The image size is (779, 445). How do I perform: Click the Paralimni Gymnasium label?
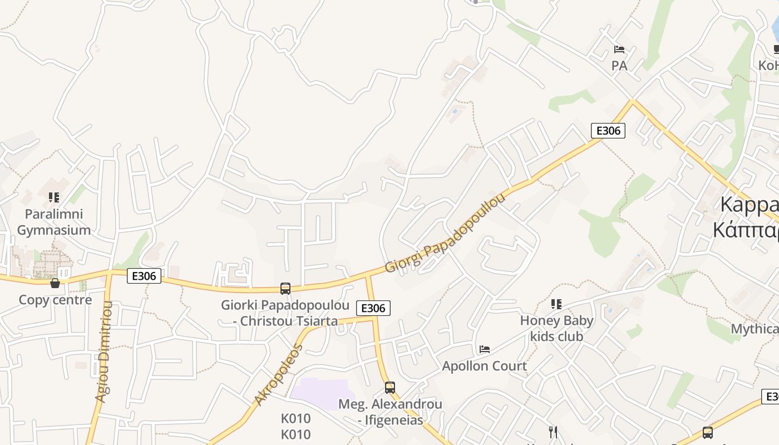(x=54, y=222)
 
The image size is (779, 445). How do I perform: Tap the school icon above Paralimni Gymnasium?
(x=54, y=197)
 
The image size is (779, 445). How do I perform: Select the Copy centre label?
(x=55, y=300)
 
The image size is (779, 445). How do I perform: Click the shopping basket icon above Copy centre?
(x=55, y=284)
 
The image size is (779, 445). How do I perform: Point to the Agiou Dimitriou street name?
(x=104, y=352)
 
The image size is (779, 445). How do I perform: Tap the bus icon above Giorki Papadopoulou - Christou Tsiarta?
(x=285, y=288)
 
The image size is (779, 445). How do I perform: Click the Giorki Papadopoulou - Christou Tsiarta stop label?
(x=285, y=313)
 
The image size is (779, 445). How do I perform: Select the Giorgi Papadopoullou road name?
(x=445, y=233)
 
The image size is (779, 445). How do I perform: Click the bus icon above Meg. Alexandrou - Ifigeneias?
(x=390, y=387)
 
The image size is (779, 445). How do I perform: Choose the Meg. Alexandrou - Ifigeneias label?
(x=390, y=412)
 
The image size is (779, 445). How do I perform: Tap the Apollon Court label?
(x=484, y=366)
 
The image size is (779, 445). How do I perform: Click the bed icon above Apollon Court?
(x=485, y=349)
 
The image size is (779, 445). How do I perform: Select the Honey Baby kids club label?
(x=556, y=328)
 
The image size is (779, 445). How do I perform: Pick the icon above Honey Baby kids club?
(x=556, y=304)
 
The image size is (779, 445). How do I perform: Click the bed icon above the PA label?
(x=619, y=49)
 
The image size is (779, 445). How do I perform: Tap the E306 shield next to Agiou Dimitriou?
(x=144, y=275)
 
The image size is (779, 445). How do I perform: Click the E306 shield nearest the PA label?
(x=608, y=131)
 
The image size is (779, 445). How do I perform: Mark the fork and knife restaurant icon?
(x=553, y=432)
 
